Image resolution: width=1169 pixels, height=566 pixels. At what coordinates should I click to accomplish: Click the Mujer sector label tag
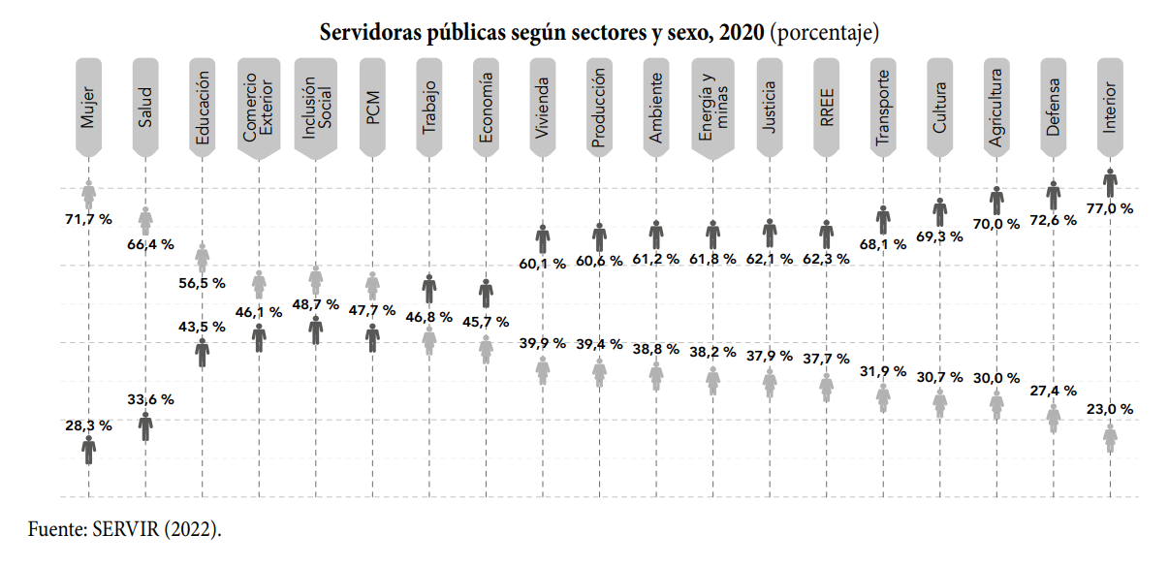click(89, 107)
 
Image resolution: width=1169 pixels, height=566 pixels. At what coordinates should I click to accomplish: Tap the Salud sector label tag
click(145, 107)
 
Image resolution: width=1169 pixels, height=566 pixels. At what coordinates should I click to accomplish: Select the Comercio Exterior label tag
click(259, 108)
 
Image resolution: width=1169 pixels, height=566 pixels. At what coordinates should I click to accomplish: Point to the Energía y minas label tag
click(712, 108)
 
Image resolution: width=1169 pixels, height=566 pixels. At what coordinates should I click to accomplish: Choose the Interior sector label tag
click(1110, 107)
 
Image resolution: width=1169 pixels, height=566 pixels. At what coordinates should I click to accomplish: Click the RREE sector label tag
click(827, 107)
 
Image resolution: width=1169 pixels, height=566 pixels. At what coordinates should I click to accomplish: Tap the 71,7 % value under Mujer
click(89, 220)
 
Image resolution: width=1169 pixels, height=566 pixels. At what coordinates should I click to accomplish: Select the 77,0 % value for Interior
click(1110, 208)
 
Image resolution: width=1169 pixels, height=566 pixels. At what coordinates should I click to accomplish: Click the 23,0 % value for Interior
click(1110, 410)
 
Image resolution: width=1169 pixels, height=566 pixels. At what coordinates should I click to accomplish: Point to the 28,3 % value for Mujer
click(89, 425)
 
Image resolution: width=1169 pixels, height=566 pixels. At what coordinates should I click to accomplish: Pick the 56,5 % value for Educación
click(202, 283)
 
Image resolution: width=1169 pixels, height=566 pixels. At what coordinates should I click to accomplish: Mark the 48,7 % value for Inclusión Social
click(316, 304)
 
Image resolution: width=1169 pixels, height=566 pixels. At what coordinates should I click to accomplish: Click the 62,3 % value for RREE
click(827, 259)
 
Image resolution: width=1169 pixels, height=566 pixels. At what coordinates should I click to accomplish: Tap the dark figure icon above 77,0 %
click(1110, 183)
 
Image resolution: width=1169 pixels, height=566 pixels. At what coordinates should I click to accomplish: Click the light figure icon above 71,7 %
click(89, 195)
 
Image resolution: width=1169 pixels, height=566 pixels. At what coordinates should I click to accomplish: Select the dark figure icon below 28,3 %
click(89, 451)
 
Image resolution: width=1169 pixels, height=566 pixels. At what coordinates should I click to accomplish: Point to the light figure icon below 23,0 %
click(1110, 438)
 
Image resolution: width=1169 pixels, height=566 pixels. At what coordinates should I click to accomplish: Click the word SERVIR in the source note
click(126, 529)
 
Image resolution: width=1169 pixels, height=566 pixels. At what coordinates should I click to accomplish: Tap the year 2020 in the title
click(742, 32)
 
